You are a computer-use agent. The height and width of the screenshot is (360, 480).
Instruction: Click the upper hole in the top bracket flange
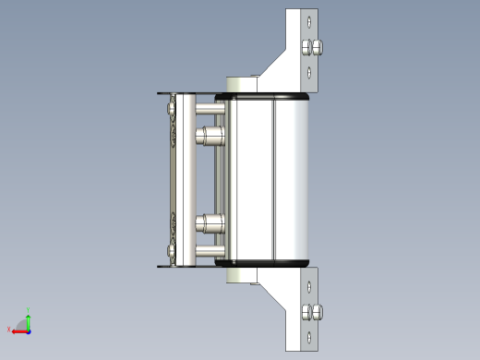[x=309, y=19]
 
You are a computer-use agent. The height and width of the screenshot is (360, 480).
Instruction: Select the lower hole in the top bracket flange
[x=309, y=72]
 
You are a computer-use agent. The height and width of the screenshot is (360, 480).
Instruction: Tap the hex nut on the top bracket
[x=313, y=47]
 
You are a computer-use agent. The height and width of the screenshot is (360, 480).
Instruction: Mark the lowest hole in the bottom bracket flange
[x=309, y=339]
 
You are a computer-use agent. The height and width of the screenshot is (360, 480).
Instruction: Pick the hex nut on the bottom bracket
[x=313, y=312]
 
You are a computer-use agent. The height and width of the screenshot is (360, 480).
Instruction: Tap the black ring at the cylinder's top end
[x=263, y=95]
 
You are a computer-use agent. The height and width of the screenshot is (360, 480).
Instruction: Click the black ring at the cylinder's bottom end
[x=263, y=263]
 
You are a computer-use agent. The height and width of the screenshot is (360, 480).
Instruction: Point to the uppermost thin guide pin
[x=209, y=109]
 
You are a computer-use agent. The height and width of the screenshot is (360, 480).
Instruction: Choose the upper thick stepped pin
[x=210, y=138]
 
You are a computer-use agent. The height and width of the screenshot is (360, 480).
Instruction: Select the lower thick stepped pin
[x=210, y=222]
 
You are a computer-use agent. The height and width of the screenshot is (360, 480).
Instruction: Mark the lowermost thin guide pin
[x=209, y=250]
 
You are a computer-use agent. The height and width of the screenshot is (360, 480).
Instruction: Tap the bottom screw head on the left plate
[x=172, y=250]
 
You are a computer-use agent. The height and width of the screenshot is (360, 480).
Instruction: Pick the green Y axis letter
[x=29, y=310]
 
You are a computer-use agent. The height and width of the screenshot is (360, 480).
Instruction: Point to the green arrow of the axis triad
[x=29, y=319]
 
